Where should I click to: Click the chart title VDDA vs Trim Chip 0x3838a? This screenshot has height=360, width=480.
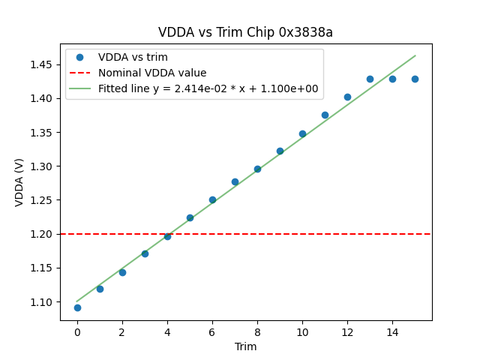(245, 32)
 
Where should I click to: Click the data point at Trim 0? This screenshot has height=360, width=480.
(77, 307)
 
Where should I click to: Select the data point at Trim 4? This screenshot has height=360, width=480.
(167, 236)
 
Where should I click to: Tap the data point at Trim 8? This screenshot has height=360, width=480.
(257, 169)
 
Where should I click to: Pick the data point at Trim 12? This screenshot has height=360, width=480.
(347, 97)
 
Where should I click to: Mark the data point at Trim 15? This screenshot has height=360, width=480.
(415, 79)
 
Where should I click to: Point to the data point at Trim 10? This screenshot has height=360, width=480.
(302, 133)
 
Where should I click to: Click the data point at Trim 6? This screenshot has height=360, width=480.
(212, 199)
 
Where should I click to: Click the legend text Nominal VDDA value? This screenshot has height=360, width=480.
(152, 73)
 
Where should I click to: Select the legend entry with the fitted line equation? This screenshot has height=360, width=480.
(208, 88)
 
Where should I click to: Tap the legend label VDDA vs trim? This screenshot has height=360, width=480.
(133, 57)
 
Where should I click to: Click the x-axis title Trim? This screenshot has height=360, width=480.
(245, 346)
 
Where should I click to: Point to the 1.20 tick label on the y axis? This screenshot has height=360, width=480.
(42, 234)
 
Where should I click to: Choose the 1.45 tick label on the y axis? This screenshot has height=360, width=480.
(42, 64)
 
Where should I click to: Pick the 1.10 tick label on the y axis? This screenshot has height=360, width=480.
(42, 302)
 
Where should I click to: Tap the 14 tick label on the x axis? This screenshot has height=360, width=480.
(392, 332)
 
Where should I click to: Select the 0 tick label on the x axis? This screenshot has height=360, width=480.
(77, 332)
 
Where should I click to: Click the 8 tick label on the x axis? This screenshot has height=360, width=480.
(257, 332)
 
